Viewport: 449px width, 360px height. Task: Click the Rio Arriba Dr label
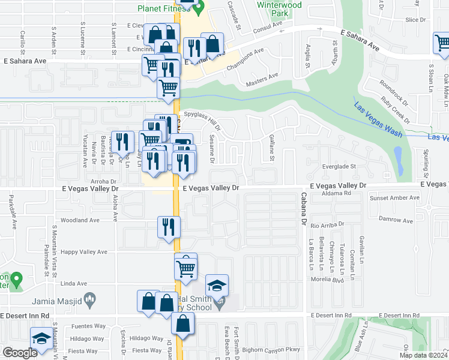click(328, 224)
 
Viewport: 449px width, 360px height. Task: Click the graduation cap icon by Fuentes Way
click(41, 338)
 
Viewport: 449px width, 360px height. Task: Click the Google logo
click(20, 353)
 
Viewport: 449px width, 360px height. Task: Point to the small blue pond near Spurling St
click(399, 159)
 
